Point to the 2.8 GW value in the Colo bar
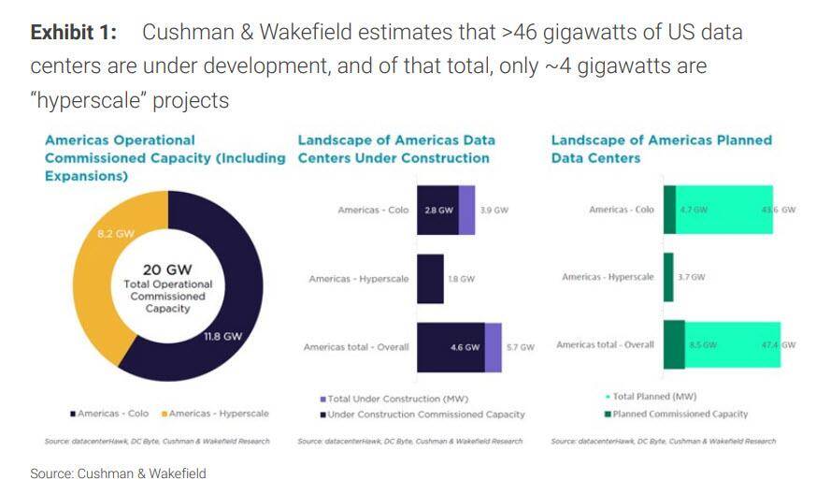437,211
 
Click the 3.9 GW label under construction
494,211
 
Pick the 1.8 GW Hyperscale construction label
461,279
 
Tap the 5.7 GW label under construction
520,347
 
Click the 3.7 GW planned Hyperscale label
692,277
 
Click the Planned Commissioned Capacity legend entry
677,414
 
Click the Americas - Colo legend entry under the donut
109,414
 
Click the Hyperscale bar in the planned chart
668,277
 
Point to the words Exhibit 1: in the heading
74,33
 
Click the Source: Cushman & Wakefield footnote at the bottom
118,474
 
